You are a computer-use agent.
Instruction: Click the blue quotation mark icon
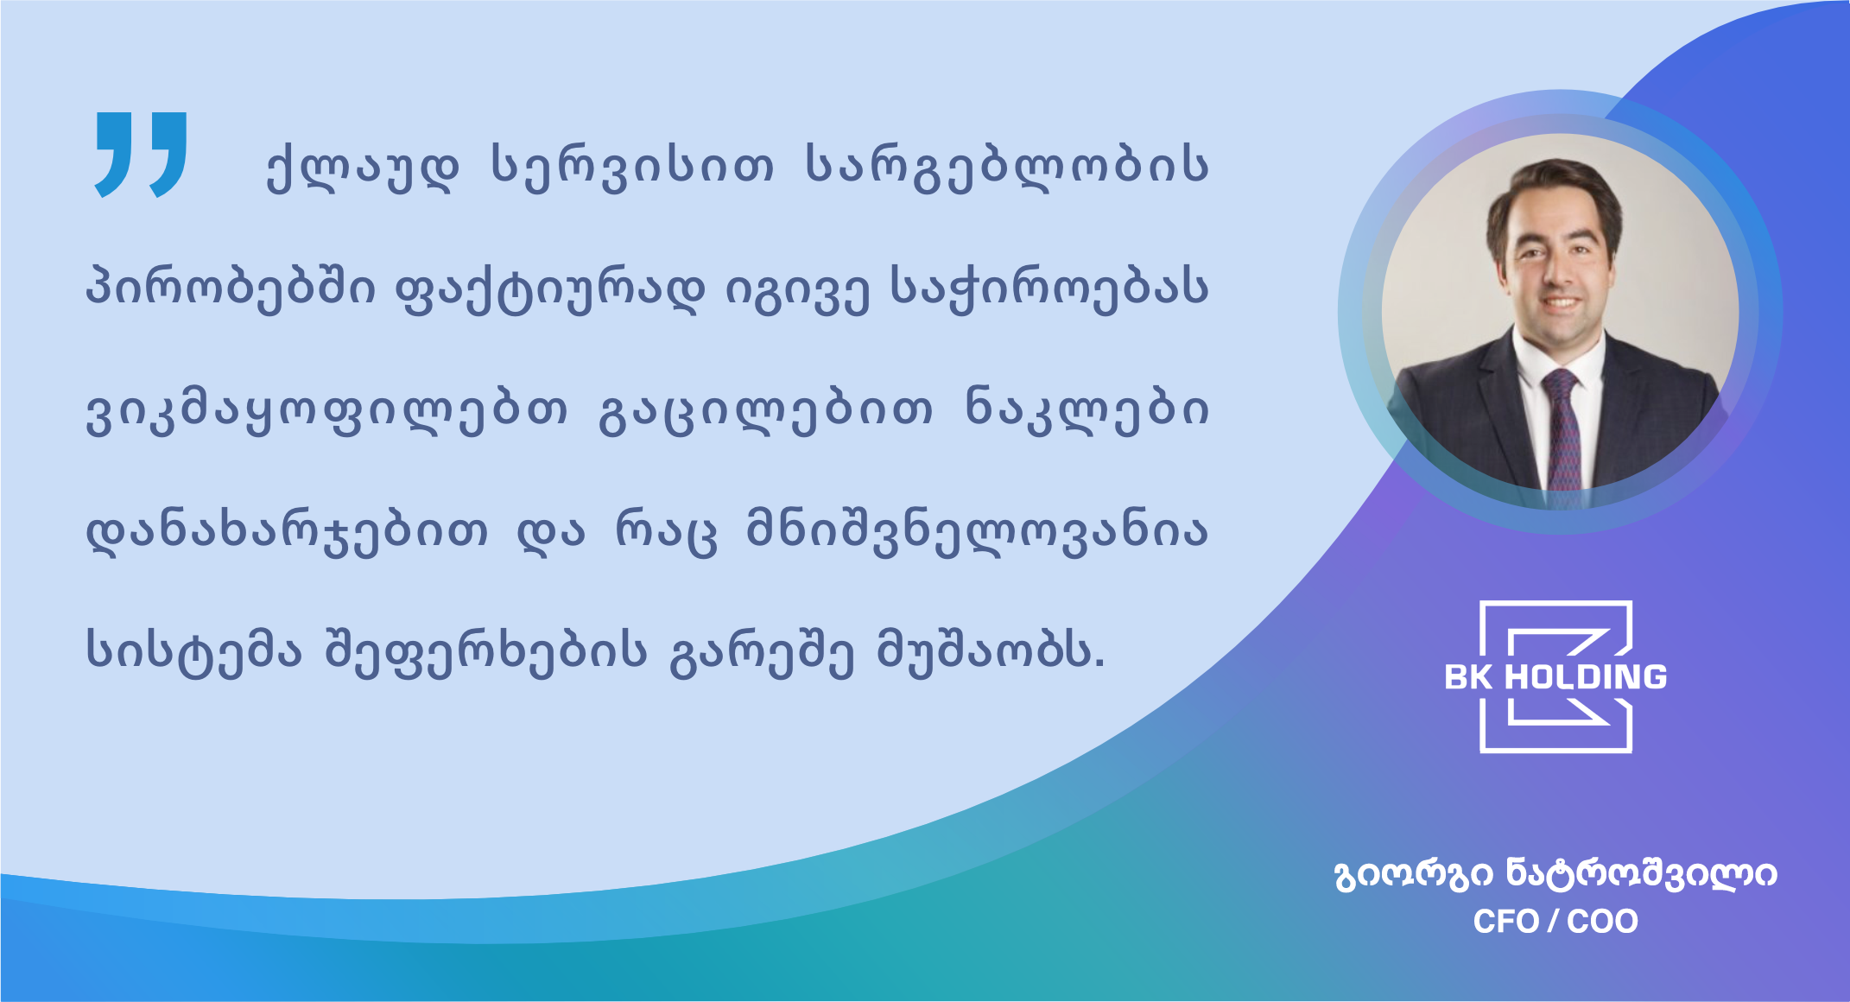tap(141, 155)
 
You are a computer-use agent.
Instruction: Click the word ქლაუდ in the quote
tap(363, 166)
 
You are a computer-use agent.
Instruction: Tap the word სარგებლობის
tap(1007, 166)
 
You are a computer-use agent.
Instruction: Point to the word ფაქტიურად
tap(549, 288)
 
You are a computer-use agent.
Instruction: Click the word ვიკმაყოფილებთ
tap(327, 409)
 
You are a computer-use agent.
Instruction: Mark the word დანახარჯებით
tap(287, 531)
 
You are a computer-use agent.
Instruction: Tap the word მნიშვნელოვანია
tap(978, 531)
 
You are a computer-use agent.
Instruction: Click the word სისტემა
tap(193, 652)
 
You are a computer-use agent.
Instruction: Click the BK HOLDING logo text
tap(1555, 677)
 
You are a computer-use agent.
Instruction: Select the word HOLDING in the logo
tap(1586, 677)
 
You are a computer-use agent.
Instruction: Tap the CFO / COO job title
tap(1555, 922)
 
